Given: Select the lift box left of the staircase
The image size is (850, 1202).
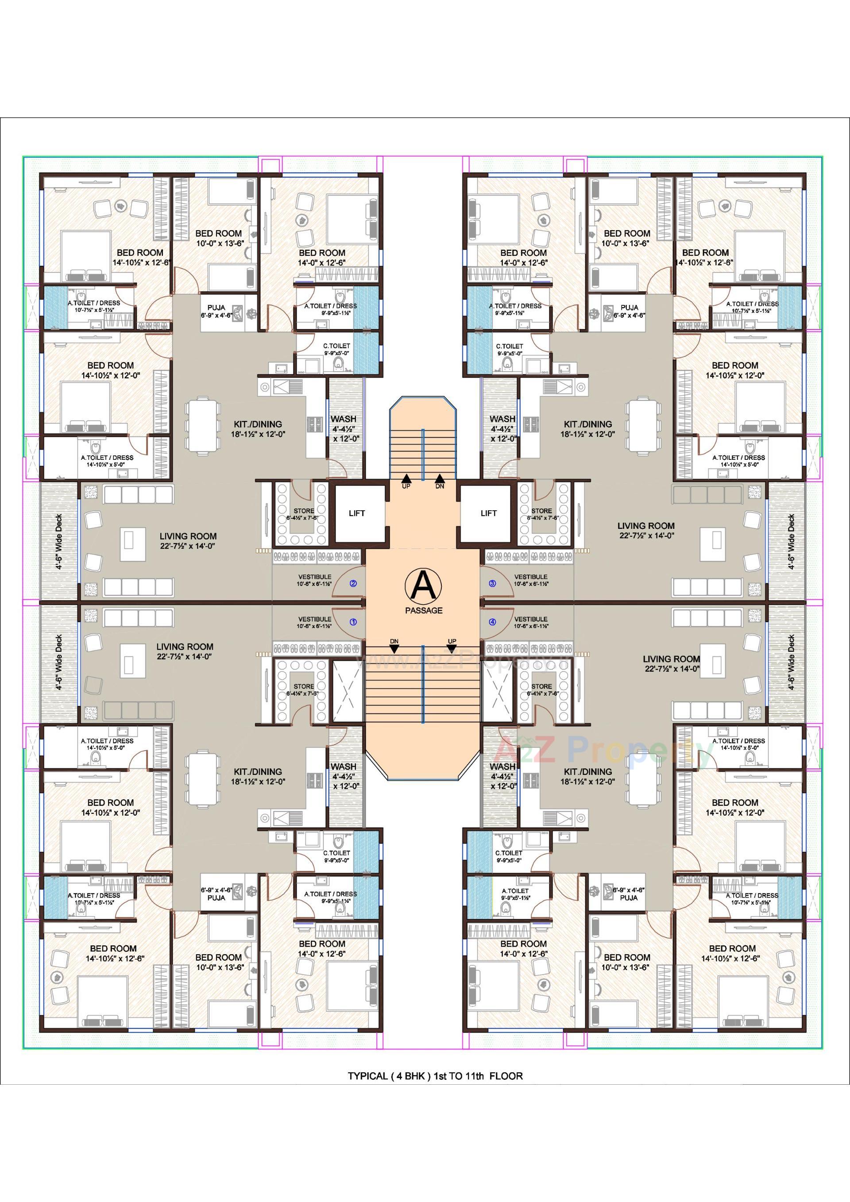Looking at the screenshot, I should [357, 513].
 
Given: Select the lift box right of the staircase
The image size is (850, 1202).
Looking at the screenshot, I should [488, 513].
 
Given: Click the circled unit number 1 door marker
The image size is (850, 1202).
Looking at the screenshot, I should [353, 622].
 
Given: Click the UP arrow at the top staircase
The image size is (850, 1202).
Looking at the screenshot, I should [406, 478].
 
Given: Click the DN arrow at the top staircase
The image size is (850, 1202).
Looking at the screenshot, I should [440, 478].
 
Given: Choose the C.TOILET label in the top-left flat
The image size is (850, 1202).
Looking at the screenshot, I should [336, 346].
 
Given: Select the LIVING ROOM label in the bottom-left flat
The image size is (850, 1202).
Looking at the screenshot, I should [184, 647].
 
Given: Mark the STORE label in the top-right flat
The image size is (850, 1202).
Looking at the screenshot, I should [541, 511].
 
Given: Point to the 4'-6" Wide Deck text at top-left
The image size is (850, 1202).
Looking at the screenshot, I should [59, 542].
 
